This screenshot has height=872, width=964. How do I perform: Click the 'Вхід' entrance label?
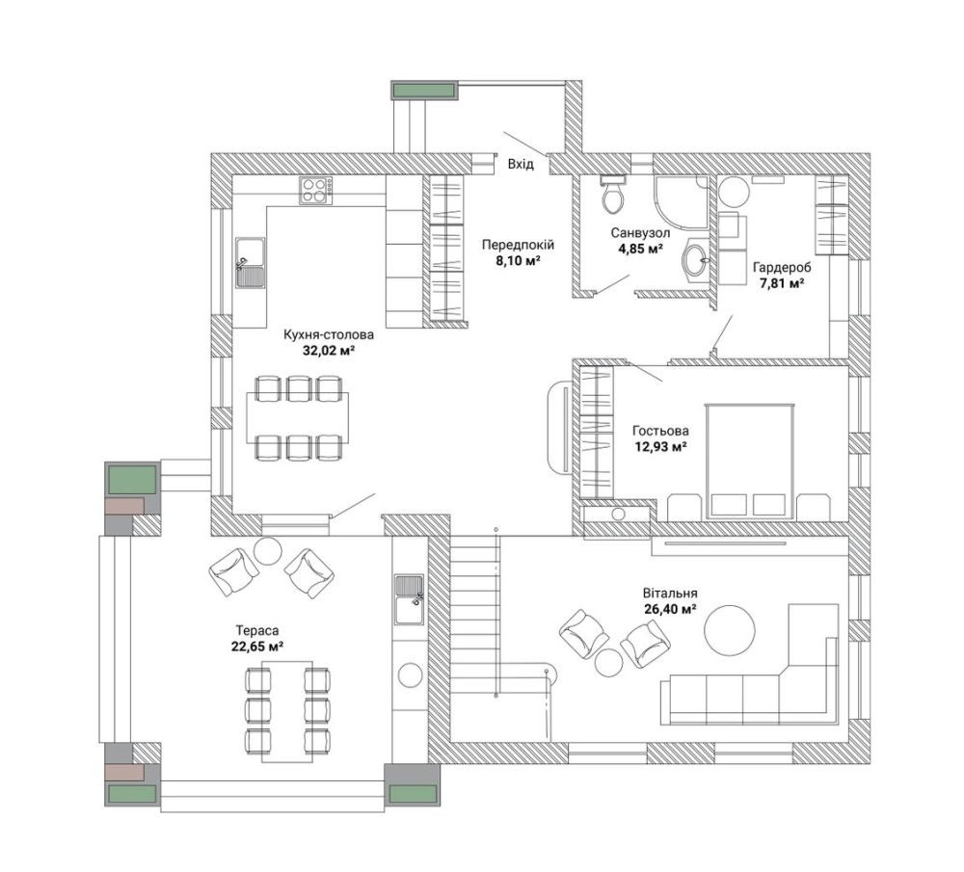521,165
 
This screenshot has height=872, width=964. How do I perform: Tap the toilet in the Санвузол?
613,194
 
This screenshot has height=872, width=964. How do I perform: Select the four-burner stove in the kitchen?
316,191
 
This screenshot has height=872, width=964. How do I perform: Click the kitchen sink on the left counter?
251,262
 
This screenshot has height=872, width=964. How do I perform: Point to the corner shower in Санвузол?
682,201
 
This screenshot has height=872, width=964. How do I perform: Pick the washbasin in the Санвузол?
697,259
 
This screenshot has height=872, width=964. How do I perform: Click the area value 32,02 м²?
329,351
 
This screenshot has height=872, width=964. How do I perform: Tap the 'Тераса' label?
257,630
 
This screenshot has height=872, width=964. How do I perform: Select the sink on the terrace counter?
409,600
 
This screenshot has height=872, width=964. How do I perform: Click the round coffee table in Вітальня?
729,630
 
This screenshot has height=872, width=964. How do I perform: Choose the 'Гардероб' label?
782,268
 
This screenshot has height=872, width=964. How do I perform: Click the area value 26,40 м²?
670,609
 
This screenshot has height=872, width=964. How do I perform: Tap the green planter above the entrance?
424,91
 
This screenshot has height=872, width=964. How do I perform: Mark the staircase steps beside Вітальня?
474,615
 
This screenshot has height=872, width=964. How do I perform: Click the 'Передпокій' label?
518,245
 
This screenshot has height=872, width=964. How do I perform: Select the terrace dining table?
287,712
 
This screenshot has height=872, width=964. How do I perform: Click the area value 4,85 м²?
640,249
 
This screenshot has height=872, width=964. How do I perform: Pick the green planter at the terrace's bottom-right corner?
412,793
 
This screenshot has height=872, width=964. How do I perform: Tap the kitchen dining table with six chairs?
298,418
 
